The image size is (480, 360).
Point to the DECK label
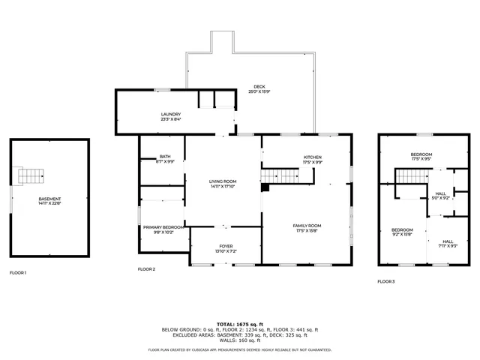[259, 88]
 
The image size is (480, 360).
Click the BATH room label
[165, 159]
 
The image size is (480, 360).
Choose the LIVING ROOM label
[223, 183]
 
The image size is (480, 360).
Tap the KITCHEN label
[312, 160]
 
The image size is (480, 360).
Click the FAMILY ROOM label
[307, 227]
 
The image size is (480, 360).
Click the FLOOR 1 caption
[18, 272]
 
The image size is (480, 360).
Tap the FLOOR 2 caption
[146, 268]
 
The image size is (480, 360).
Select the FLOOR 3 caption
[385, 280]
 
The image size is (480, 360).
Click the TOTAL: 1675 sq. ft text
[239, 323]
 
